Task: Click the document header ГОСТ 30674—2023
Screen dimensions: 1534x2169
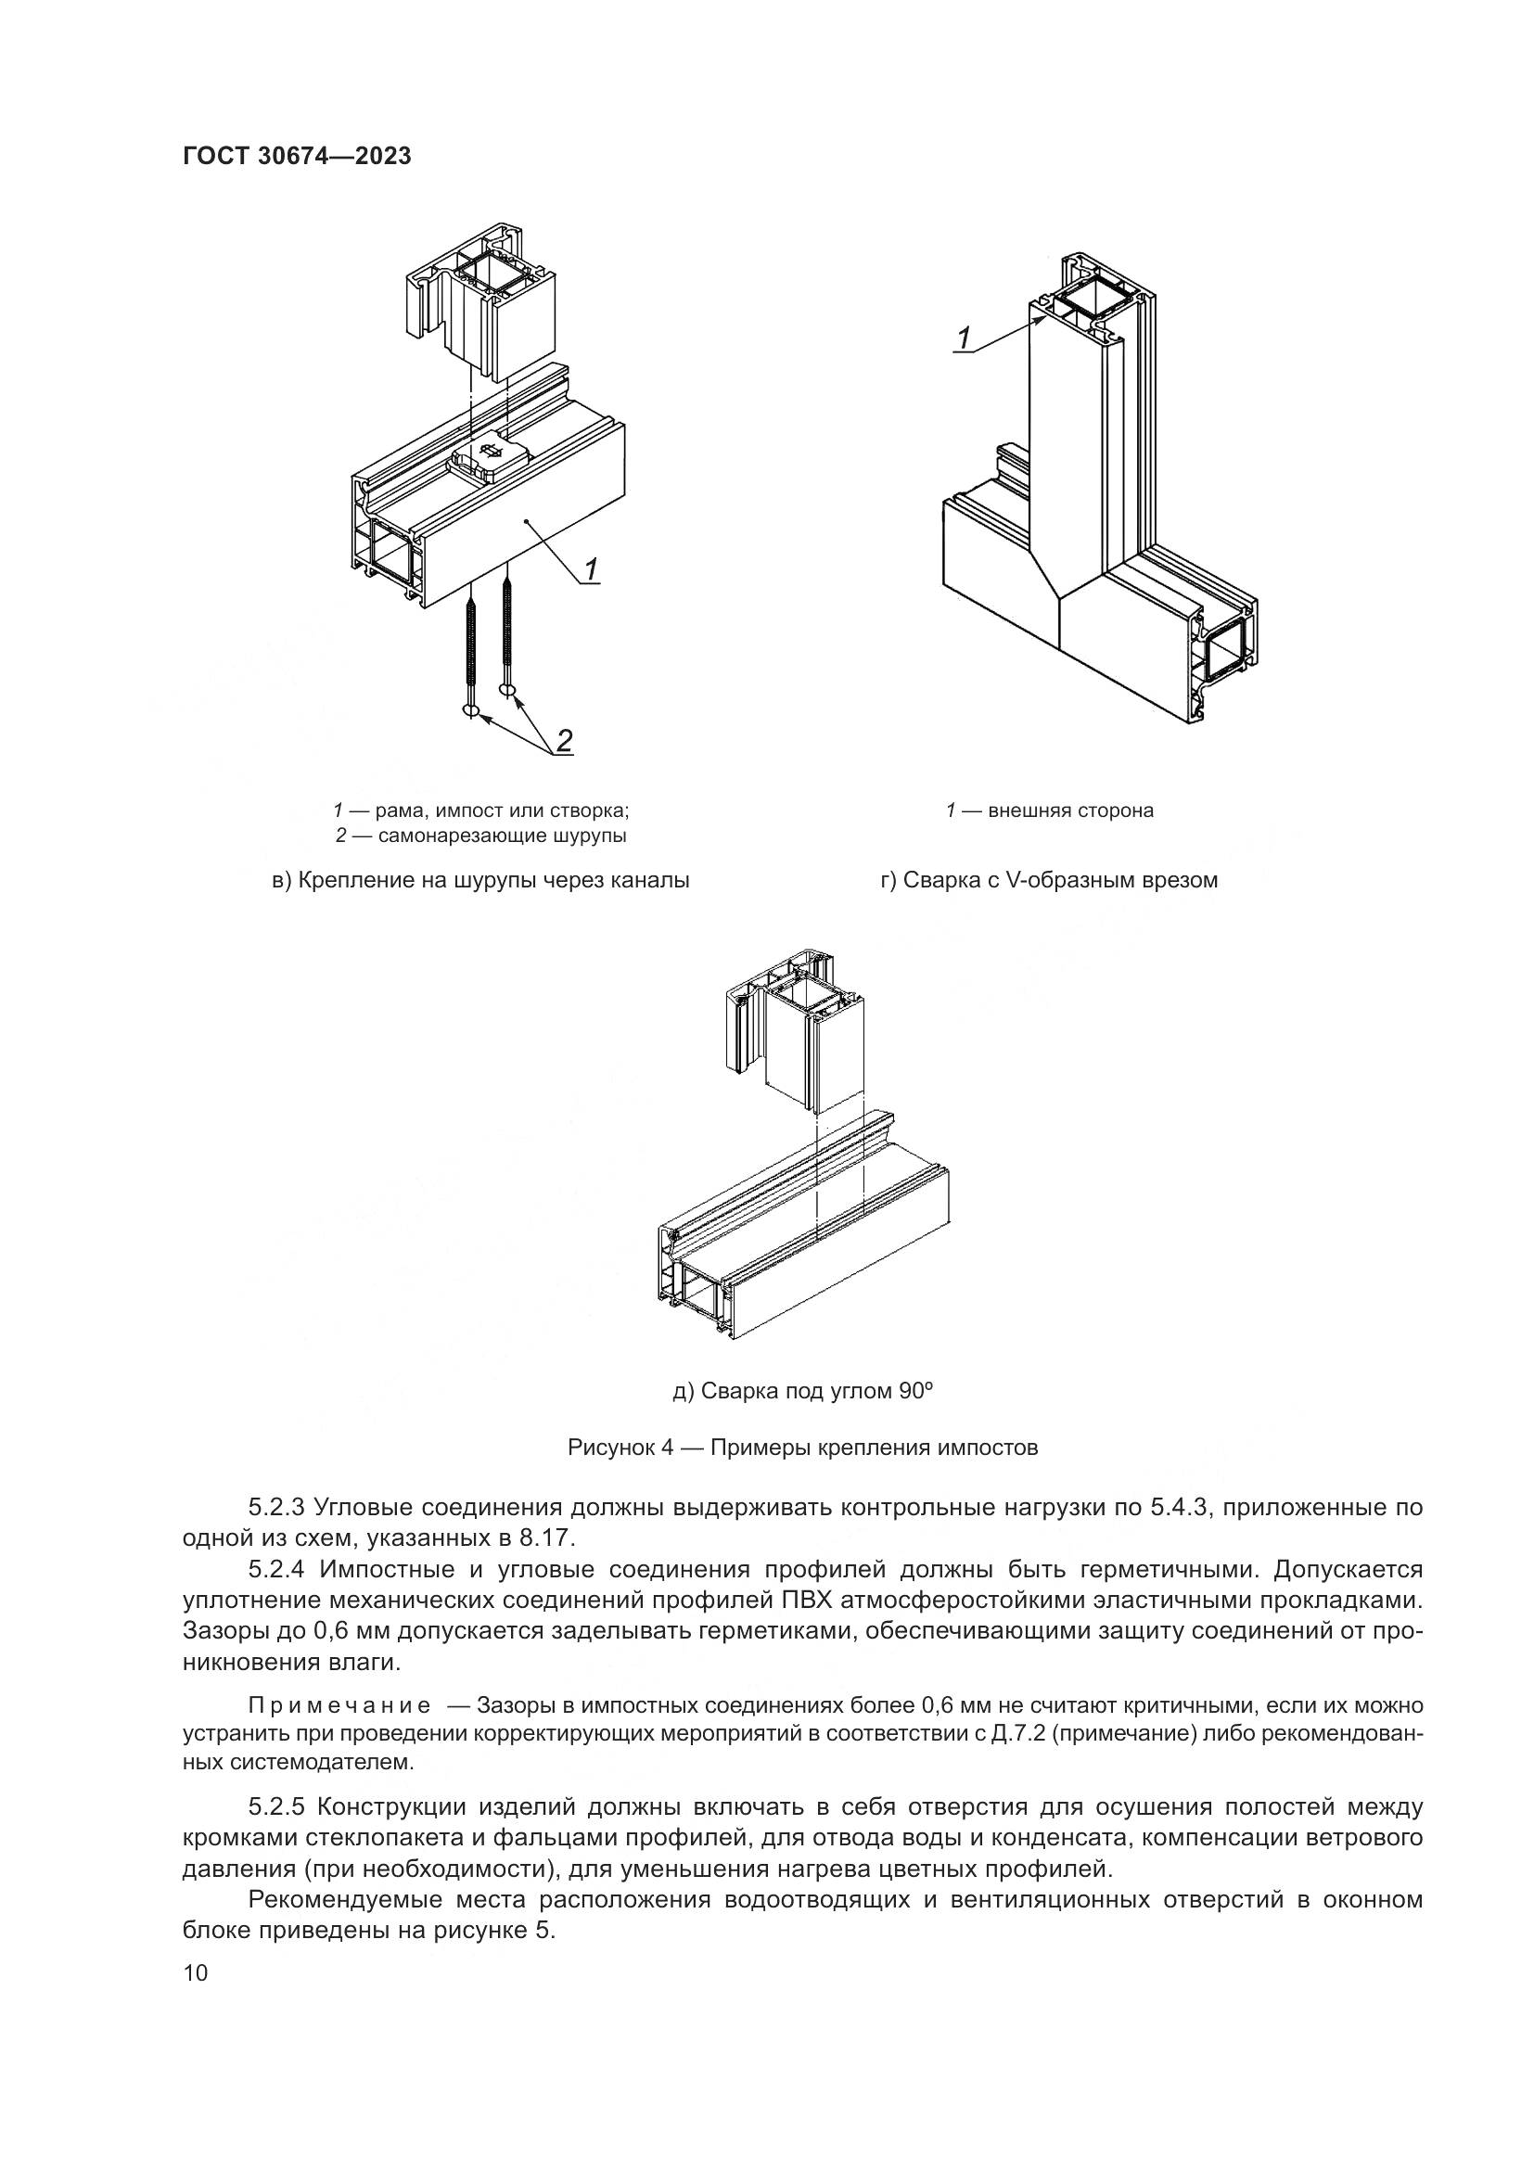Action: [297, 156]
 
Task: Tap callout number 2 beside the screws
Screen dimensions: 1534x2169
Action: [563, 742]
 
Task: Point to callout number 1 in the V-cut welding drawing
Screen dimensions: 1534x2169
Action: [964, 338]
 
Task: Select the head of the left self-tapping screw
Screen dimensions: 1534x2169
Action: [471, 709]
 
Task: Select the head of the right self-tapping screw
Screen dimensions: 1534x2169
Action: [509, 693]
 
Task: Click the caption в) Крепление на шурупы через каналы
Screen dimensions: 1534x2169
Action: [480, 880]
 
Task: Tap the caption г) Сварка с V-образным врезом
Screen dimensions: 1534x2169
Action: [1050, 880]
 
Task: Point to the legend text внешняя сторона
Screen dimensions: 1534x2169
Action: [1070, 810]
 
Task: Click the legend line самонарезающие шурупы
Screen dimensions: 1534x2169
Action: [482, 836]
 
